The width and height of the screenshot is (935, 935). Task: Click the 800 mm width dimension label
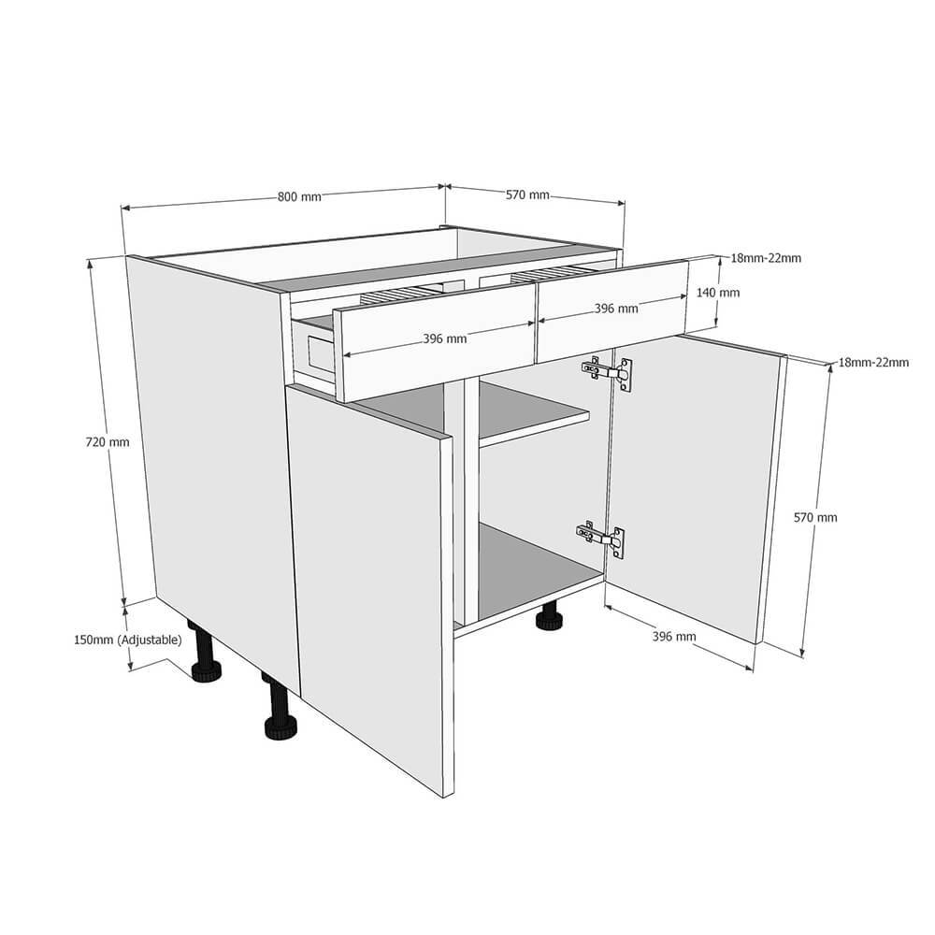[299, 196]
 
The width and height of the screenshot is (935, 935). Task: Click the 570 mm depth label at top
[527, 195]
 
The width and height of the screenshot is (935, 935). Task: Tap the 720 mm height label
[108, 442]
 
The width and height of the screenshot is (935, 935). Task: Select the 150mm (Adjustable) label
[127, 640]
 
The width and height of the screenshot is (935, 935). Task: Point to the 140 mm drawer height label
[718, 293]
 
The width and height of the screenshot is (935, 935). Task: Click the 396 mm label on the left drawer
[445, 338]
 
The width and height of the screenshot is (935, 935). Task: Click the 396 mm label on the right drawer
[616, 309]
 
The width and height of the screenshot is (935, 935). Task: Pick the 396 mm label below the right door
[674, 636]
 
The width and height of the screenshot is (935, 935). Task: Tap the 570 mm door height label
[815, 518]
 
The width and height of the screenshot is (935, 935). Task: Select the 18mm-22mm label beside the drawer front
[766, 258]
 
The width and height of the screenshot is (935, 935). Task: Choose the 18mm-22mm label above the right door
[873, 362]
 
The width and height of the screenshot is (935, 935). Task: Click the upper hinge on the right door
[607, 373]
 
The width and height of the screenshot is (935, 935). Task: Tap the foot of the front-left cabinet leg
[281, 728]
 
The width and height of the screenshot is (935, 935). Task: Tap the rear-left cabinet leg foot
[207, 670]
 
